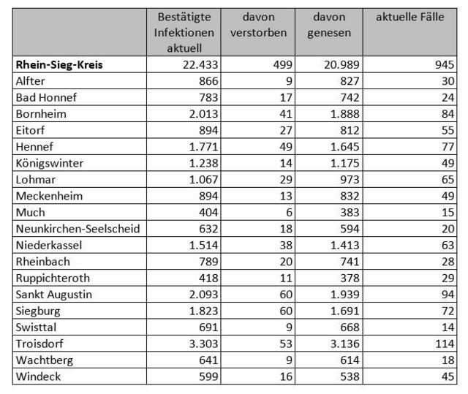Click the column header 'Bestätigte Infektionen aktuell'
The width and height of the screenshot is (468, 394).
(184, 32)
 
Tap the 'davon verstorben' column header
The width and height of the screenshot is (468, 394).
(258, 24)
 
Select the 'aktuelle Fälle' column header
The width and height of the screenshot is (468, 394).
(409, 17)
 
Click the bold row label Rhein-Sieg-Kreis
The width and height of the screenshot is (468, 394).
(59, 65)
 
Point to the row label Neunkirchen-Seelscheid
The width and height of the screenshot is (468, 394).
(78, 229)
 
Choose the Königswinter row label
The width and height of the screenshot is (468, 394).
(49, 163)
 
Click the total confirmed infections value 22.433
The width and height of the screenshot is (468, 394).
(200, 65)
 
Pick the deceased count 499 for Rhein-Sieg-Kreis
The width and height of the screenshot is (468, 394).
(283, 65)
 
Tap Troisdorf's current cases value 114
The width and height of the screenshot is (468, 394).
(445, 344)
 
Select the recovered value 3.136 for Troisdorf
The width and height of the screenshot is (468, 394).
(344, 344)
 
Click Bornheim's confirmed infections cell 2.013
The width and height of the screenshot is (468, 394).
(203, 114)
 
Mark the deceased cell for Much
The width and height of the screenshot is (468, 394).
(289, 213)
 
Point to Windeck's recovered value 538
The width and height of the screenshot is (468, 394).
(350, 376)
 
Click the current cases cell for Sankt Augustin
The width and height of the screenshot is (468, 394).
(448, 295)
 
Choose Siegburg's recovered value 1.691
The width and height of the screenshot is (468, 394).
(344, 311)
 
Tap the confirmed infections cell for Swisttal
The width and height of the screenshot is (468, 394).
(208, 327)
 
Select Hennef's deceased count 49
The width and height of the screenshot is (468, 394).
(286, 147)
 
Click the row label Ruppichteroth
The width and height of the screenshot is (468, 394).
(53, 278)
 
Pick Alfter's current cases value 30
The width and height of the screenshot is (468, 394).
(448, 81)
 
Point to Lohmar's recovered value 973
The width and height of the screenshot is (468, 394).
(350, 180)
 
